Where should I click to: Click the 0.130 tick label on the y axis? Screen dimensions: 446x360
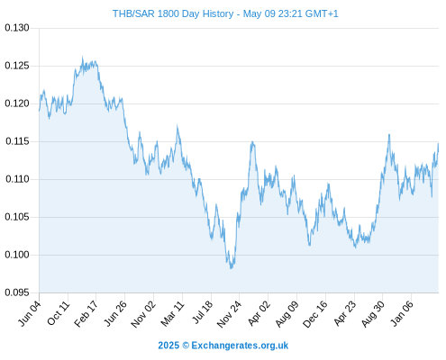(x=17, y=28)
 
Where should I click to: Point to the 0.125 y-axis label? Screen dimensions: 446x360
(x=17, y=66)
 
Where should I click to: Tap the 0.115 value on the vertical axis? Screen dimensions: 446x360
(x=17, y=141)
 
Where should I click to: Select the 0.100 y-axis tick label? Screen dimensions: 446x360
(x=17, y=255)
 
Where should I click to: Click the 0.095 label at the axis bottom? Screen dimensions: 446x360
(x=17, y=292)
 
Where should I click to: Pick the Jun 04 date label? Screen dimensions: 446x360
(x=29, y=313)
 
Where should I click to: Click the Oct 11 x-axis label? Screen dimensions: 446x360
(x=59, y=313)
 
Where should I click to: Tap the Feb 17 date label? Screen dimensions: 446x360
(x=86, y=314)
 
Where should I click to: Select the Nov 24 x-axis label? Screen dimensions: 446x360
(x=229, y=314)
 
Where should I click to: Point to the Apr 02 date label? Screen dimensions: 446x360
(x=259, y=313)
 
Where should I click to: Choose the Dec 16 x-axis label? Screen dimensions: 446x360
(x=315, y=314)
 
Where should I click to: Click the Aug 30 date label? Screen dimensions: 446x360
(x=373, y=314)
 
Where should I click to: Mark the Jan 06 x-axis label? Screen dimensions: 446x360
(x=402, y=313)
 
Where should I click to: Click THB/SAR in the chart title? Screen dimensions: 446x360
(x=133, y=13)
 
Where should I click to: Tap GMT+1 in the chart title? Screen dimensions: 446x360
(x=322, y=13)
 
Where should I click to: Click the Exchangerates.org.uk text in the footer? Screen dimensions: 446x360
(x=240, y=346)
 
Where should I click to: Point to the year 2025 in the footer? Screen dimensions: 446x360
(x=168, y=346)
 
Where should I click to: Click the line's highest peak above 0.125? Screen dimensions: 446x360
(x=83, y=57)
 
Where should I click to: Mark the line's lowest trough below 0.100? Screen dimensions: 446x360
(x=231, y=268)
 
